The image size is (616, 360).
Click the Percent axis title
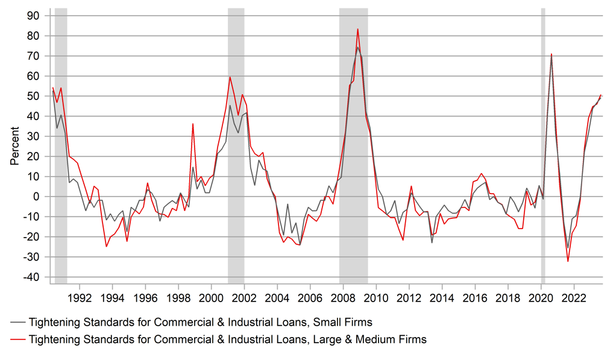[x=14, y=146]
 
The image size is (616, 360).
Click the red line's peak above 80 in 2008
[x=357, y=29]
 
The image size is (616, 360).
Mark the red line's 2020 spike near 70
[x=551, y=54]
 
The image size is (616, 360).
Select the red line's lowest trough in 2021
[x=568, y=261]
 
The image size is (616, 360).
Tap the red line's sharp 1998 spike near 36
[x=193, y=124]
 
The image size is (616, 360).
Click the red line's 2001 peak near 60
[x=230, y=77]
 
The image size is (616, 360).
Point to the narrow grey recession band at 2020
[x=542, y=145]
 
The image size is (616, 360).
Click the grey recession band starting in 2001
[x=236, y=145]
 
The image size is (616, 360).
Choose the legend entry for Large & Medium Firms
[x=227, y=339]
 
